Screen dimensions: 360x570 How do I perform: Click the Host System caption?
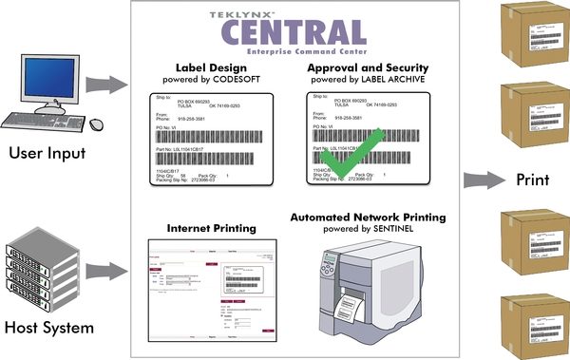48,330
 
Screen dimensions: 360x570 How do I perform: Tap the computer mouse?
96,124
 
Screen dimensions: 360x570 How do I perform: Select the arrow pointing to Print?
485,179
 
